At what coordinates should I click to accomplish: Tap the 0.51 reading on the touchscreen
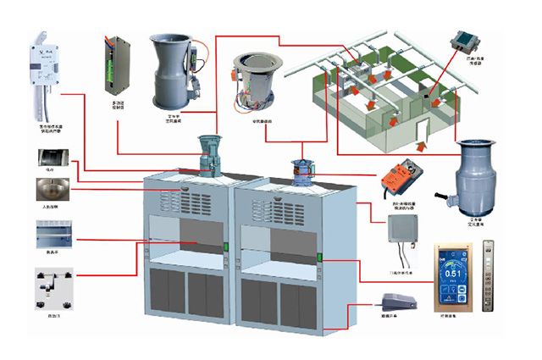click(x=454, y=273)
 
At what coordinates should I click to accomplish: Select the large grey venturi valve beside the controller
click(x=172, y=75)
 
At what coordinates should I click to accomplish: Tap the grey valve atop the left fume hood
click(x=207, y=153)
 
